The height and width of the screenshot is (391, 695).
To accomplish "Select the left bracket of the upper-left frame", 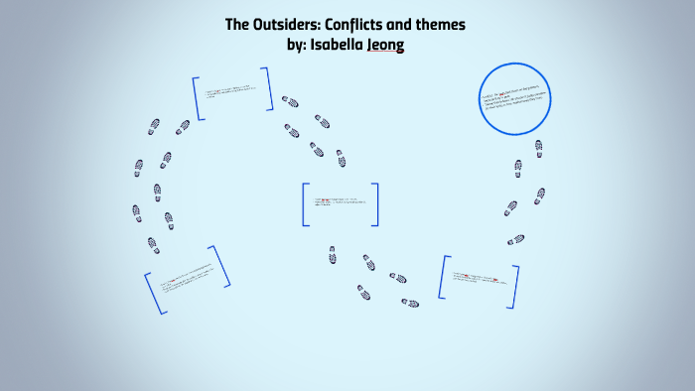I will pos(199,98).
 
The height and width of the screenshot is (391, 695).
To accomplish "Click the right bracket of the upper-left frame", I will pos(268,88).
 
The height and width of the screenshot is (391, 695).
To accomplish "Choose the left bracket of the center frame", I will pos(305,204).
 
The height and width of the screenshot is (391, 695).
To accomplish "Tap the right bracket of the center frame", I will pos(375,204).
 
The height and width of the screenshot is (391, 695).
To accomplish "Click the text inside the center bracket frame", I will pos(340,204).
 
